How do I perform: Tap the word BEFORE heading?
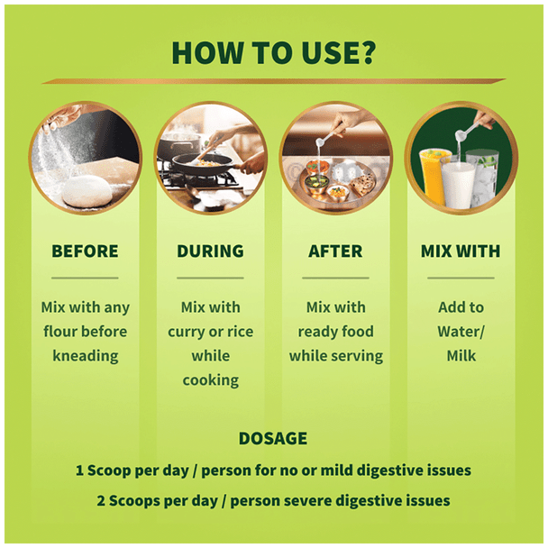85,251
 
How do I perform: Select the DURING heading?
210,251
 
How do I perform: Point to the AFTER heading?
335,251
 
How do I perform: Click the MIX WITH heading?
461,251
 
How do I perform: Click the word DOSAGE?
273,438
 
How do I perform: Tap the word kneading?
86,356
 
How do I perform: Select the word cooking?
211,380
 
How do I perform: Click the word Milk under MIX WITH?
461,356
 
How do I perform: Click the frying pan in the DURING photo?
203,162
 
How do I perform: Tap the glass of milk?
458,185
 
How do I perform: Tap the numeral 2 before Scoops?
101,501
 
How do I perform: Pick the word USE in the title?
328,53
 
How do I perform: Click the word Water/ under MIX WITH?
461,332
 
